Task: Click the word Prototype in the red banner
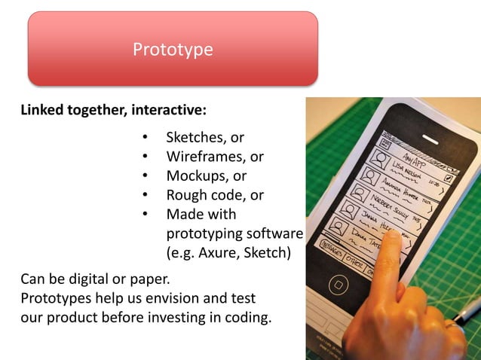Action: pyautogui.click(x=173, y=50)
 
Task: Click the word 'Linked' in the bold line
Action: pyautogui.click(x=42, y=111)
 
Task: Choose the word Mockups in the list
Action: pyautogui.click(x=195, y=176)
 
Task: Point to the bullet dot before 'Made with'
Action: pyautogui.click(x=145, y=215)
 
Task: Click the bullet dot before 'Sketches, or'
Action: pyautogui.click(x=145, y=138)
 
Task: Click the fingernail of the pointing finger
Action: pyautogui.click(x=391, y=239)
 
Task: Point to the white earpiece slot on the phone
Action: pyautogui.click(x=430, y=138)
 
